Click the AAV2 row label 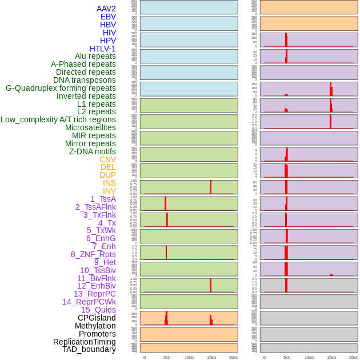pos(106,9)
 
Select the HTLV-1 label pos(102,49)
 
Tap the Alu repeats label pos(95,56)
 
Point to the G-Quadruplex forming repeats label pos(61,88)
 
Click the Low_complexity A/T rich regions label pos(58,119)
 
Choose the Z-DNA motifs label pos(92,151)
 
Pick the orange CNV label pos(107,159)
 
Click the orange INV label pos(109,191)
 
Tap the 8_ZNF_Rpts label pos(93,254)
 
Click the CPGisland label pos(97,318)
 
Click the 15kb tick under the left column pos(211,357)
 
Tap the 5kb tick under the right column pos(287,357)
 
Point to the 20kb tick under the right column pos(353,357)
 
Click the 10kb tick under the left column pos(189,357)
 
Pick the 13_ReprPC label pos(94,294)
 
